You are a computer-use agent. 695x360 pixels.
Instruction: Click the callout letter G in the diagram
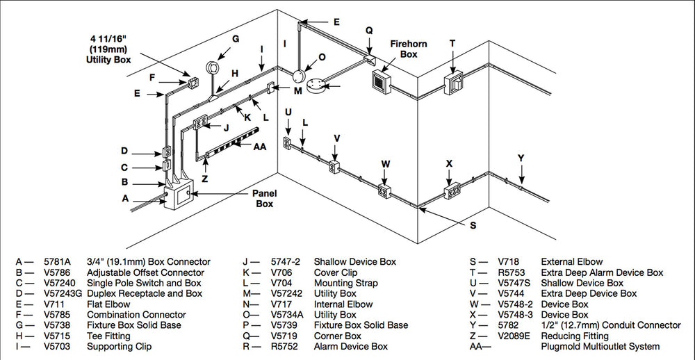click(x=236, y=40)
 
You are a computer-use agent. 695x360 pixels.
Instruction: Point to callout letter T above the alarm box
click(x=452, y=43)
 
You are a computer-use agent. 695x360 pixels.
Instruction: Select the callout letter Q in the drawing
click(x=369, y=30)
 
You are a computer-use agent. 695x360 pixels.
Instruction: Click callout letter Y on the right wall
click(x=521, y=158)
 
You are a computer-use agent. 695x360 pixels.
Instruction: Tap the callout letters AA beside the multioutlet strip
click(x=260, y=147)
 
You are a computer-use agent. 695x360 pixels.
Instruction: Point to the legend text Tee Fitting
click(x=109, y=336)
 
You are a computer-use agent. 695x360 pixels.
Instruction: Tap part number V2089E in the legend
click(x=515, y=336)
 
